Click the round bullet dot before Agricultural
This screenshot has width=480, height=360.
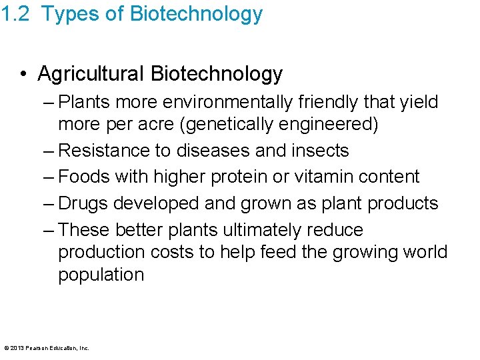25,74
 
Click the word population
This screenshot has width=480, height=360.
101,275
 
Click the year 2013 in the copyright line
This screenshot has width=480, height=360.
16,347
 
